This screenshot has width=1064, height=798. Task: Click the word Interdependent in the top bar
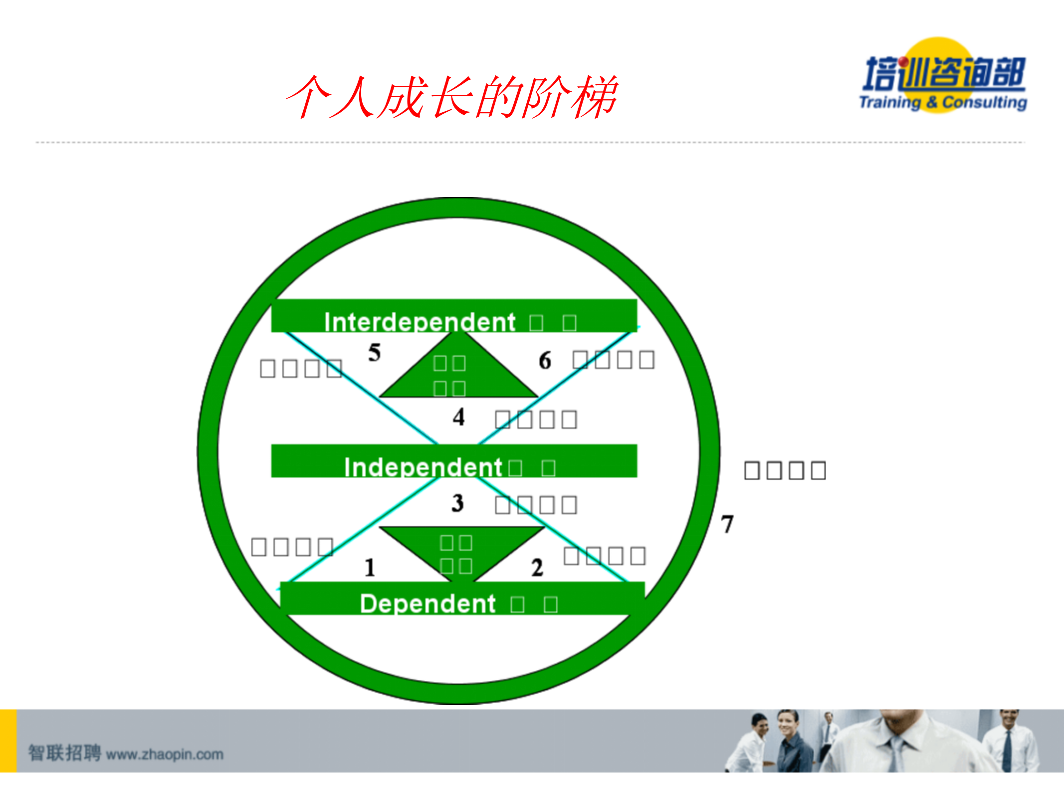(420, 322)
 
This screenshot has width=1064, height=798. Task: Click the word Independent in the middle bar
(423, 467)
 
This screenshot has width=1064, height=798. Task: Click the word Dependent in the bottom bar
(427, 603)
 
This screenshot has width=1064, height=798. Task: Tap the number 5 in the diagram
(375, 353)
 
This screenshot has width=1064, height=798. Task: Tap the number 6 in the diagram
(545, 360)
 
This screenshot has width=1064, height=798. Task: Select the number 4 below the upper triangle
(459, 417)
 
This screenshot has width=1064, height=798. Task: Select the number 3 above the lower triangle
(458, 503)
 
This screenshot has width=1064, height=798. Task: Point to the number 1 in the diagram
(370, 568)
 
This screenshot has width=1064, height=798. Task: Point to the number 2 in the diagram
(537, 568)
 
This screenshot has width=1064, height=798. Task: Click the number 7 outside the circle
(727, 524)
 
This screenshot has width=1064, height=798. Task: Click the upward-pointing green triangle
(458, 372)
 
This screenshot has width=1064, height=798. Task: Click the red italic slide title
(452, 97)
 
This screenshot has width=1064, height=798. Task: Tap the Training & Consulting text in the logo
(943, 102)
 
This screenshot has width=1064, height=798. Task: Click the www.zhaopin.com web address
(165, 754)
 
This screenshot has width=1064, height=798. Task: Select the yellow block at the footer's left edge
(8, 741)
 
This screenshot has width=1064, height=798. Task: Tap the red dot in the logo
(903, 62)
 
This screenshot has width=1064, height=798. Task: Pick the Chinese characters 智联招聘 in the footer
(64, 753)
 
